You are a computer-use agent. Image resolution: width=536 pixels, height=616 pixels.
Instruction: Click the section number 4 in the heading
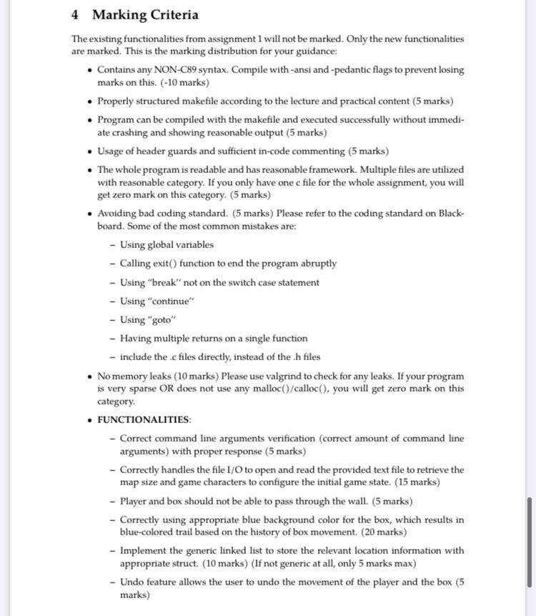point(76,15)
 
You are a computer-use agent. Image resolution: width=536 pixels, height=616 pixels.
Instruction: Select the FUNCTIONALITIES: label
point(144,419)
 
